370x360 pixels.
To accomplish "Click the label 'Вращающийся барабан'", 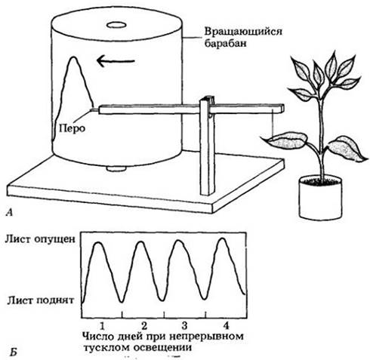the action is [x=243, y=37].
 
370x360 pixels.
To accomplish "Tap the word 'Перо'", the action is [x=72, y=128].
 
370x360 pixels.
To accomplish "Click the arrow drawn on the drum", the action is [x=116, y=61].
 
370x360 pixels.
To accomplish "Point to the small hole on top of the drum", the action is [x=116, y=25].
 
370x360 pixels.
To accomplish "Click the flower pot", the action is [x=320, y=198].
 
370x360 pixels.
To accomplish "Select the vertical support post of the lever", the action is [x=208, y=146].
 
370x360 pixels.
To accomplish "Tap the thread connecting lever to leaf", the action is [x=273, y=125].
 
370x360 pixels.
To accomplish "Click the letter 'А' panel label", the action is [x=9, y=213].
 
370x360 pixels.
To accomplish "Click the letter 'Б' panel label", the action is [x=14, y=352].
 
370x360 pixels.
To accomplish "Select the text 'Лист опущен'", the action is [x=40, y=239].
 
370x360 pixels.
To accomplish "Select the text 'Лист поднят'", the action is [x=40, y=300].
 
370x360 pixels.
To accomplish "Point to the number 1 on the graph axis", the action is [x=102, y=326].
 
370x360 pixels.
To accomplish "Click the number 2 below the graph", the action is [x=144, y=326].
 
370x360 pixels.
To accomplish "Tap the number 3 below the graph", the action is [x=184, y=326].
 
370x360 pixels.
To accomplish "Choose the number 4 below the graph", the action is [x=226, y=326].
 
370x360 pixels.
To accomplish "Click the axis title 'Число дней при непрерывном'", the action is [x=163, y=337].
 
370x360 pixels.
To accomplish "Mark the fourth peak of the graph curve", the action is [x=222, y=238].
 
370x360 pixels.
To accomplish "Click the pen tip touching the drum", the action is [x=90, y=110].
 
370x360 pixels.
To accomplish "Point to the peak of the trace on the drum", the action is [x=73, y=57].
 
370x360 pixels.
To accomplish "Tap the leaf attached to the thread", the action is [x=285, y=140].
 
